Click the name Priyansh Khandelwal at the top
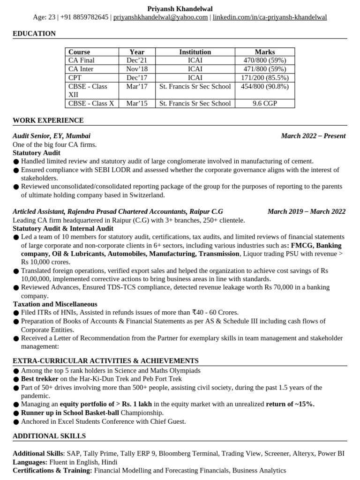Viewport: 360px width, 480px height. (180, 9)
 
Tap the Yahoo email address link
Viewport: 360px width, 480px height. (160, 17)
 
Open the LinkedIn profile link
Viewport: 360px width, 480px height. (270, 17)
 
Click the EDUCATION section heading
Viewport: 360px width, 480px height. (34, 34)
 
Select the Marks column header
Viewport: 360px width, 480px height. (265, 52)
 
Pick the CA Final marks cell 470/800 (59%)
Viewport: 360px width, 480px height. (265, 60)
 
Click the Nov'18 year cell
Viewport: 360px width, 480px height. (137, 69)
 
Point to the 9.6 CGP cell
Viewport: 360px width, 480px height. (265, 103)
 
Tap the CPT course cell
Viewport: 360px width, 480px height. (75, 77)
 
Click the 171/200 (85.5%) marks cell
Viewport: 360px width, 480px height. (265, 77)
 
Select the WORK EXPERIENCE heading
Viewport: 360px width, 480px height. (48, 120)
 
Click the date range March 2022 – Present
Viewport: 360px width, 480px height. (313, 136)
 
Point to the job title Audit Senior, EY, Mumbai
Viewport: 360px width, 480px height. (52, 136)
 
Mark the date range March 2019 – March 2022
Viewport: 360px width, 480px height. (307, 211)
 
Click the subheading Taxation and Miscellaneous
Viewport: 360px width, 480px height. (55, 304)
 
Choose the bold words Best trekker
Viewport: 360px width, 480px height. (40, 379)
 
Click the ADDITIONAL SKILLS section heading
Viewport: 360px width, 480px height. (49, 436)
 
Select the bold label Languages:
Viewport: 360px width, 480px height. (30, 462)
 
